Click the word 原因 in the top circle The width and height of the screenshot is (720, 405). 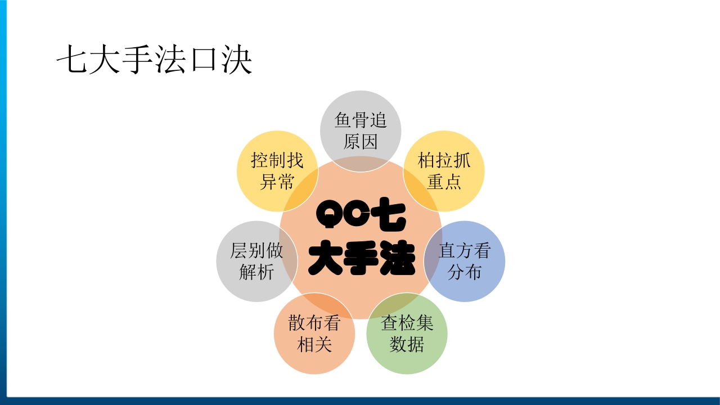pyautogui.click(x=361, y=141)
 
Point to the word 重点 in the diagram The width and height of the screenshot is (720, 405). pyautogui.click(x=444, y=182)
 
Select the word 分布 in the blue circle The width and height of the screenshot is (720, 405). pyautogui.click(x=465, y=272)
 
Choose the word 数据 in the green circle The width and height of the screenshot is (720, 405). pyautogui.click(x=407, y=344)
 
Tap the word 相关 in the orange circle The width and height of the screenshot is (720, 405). pyautogui.click(x=314, y=344)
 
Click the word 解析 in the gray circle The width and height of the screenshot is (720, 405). pyautogui.click(x=256, y=272)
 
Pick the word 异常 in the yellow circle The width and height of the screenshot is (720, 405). pyautogui.click(x=277, y=182)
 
